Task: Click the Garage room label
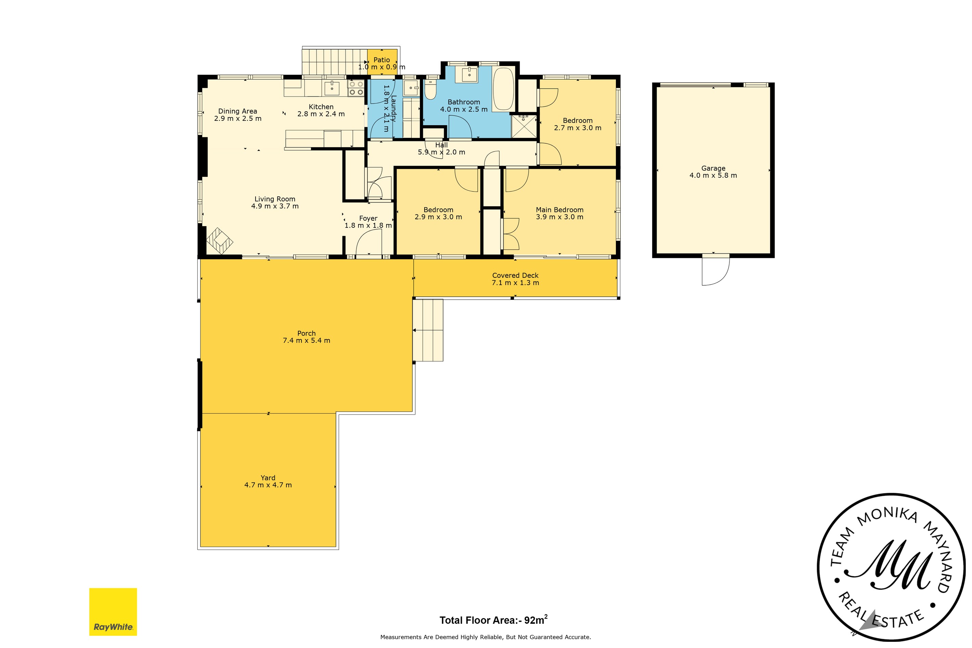713,168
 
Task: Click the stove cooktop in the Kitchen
356,88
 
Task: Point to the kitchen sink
332,88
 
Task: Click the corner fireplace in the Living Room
219,241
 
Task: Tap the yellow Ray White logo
113,612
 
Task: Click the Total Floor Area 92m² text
493,620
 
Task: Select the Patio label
381,60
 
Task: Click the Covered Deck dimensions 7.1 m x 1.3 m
515,283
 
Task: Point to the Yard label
268,478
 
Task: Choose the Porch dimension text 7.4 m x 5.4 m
306,340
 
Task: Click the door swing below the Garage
715,271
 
